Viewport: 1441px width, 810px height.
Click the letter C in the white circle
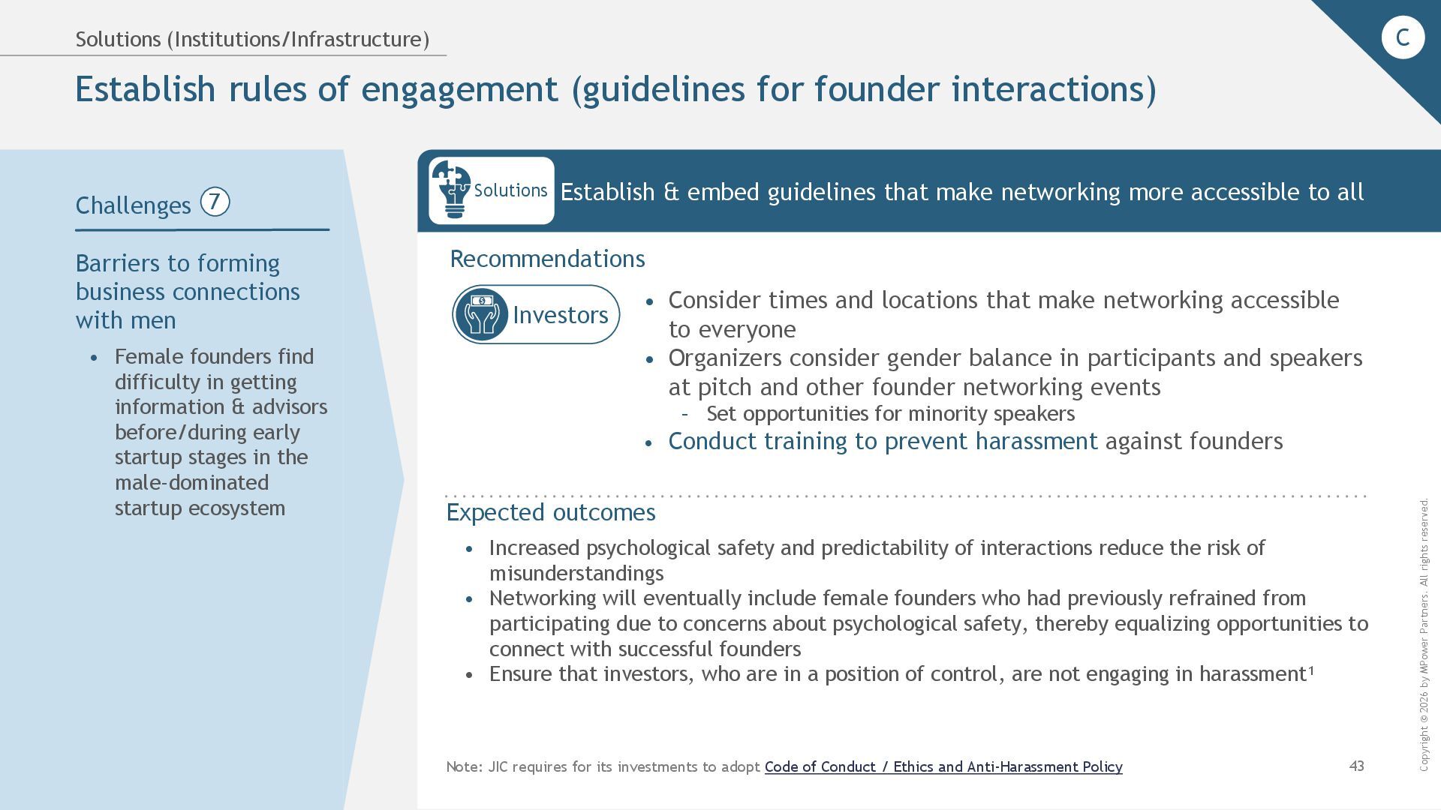pyautogui.click(x=1402, y=37)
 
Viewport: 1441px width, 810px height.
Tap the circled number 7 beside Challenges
pyautogui.click(x=215, y=202)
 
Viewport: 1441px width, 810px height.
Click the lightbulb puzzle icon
pyautogui.click(x=450, y=190)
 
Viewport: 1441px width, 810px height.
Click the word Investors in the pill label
pyautogui.click(x=560, y=315)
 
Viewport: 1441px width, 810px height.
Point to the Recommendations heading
pyautogui.click(x=547, y=259)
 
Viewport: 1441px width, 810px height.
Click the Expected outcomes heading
pyautogui.click(x=551, y=512)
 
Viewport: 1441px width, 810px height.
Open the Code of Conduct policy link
pyautogui.click(x=943, y=766)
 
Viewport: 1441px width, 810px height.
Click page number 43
pyautogui.click(x=1356, y=766)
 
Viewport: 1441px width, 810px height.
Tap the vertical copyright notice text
pyautogui.click(x=1424, y=634)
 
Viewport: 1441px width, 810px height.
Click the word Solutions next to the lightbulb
pyautogui.click(x=510, y=190)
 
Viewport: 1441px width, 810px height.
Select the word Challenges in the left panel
pyautogui.click(x=134, y=205)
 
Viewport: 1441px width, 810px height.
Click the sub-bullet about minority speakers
pyautogui.click(x=890, y=414)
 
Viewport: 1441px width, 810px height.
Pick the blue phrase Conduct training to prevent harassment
pyautogui.click(x=883, y=441)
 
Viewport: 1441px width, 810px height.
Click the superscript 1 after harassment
pyautogui.click(x=1311, y=670)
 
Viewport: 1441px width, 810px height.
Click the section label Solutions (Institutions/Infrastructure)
pyautogui.click(x=252, y=39)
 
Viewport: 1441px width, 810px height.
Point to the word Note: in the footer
pyautogui.click(x=464, y=766)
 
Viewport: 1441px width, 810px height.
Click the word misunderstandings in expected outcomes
pyautogui.click(x=576, y=573)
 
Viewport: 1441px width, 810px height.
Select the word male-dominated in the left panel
pyautogui.click(x=191, y=482)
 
